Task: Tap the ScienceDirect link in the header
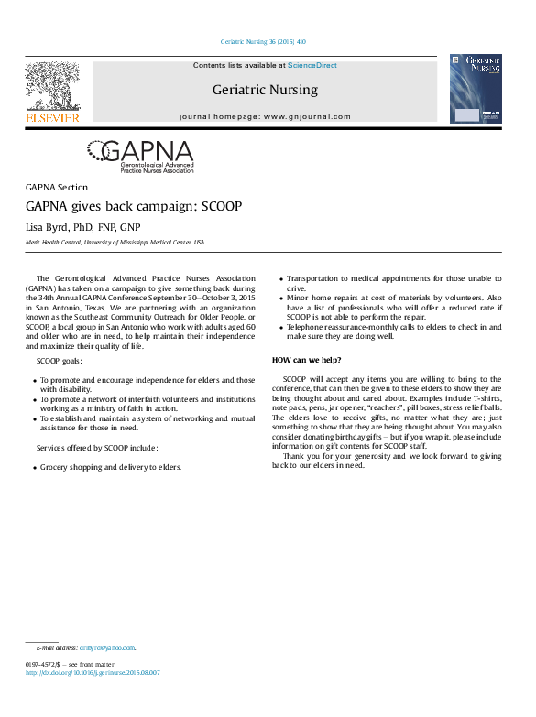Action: coord(312,66)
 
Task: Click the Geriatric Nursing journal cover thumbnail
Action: coord(476,89)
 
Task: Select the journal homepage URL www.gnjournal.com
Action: coord(307,117)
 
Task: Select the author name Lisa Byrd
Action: coord(57,227)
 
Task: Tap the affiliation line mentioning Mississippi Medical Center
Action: coord(115,243)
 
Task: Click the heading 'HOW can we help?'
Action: coord(306,360)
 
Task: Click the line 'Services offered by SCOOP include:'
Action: coord(97,448)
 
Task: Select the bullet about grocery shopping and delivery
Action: coord(110,466)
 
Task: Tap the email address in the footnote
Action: coord(107,648)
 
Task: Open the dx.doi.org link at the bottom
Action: coord(93,672)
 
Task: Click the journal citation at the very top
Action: coord(264,41)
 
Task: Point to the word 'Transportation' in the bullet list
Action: coord(312,278)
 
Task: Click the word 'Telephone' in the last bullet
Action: coord(306,326)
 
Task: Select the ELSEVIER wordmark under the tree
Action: coord(52,117)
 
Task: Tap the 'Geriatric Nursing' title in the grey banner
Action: coord(265,90)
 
